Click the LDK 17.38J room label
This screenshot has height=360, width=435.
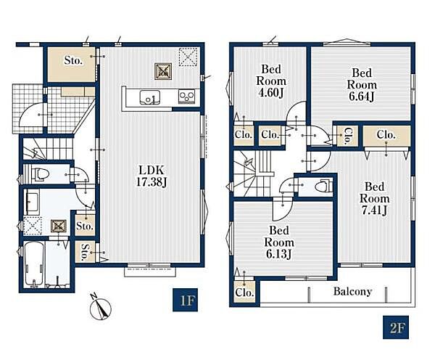[x=152, y=176]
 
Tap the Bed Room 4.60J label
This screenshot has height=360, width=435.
[x=270, y=81]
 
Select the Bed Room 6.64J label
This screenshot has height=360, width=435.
[x=362, y=84]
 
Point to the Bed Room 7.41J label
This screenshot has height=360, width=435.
[x=374, y=198]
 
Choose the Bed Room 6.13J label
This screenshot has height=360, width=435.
[x=279, y=242]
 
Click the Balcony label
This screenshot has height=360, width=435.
[x=352, y=291]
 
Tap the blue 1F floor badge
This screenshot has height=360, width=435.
[x=185, y=300]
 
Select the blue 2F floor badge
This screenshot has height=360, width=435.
[x=396, y=327]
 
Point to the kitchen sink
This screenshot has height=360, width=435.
[x=149, y=97]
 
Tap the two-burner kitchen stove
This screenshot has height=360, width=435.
[x=187, y=97]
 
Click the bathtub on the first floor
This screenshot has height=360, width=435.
[x=34, y=263]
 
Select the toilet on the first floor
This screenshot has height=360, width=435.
[x=41, y=174]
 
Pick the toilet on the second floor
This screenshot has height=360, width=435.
[x=324, y=187]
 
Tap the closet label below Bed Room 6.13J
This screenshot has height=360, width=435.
[x=244, y=292]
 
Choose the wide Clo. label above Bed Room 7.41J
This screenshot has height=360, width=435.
[x=386, y=135]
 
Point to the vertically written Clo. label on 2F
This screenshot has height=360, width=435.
[x=347, y=136]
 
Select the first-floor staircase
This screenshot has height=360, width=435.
[x=47, y=150]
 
